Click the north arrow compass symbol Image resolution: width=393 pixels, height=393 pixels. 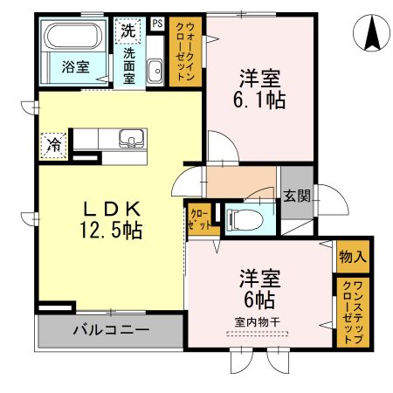[x=370, y=32]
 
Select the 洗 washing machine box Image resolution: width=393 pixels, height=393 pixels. [x=128, y=30]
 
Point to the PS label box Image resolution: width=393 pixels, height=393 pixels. [x=157, y=24]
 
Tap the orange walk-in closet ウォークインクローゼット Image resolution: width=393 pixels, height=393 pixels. [x=186, y=52]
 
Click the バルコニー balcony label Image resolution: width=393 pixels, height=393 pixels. [x=110, y=332]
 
